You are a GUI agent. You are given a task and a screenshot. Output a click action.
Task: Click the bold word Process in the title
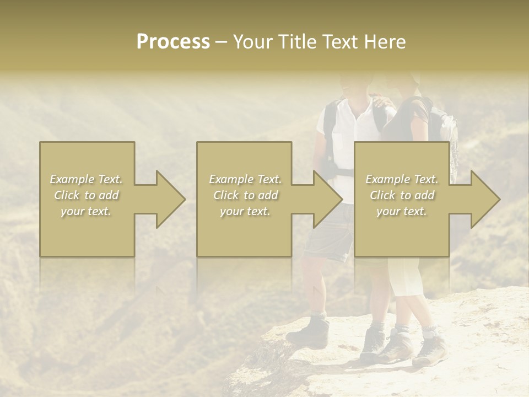[x=173, y=42]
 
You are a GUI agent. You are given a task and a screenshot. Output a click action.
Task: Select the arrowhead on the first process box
[x=168, y=199]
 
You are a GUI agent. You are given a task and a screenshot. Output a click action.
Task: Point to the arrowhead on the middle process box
[x=325, y=199]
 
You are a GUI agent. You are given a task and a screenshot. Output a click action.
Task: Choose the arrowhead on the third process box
[x=483, y=199]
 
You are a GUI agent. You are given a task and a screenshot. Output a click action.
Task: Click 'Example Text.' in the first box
[x=87, y=179]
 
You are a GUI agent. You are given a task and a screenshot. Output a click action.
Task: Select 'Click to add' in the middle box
[x=245, y=195]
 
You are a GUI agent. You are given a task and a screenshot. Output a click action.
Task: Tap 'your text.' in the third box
[x=402, y=211]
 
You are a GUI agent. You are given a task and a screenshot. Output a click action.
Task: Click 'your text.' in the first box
[x=87, y=211]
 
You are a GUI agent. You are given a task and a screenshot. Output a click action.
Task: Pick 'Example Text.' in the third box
[x=402, y=179]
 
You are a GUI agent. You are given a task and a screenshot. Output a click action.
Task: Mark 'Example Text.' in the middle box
[x=245, y=179]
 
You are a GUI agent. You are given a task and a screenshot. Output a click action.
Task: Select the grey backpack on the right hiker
[x=446, y=132]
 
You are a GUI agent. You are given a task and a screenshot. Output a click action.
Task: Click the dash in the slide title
[x=222, y=42]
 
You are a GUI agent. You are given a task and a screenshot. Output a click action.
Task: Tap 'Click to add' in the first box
[x=87, y=195]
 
